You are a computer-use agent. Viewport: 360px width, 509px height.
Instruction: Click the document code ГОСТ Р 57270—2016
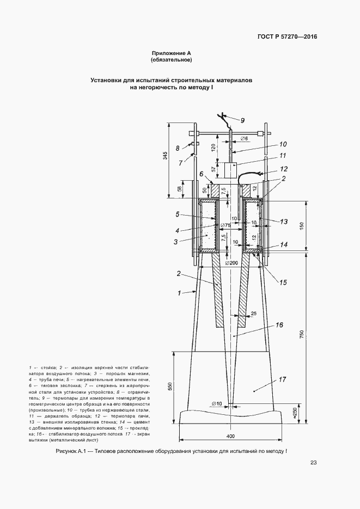[288, 37]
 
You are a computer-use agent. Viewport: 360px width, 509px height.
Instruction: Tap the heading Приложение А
[172, 53]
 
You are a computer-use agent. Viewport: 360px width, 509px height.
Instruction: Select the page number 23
[313, 463]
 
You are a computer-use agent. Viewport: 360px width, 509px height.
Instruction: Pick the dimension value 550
[170, 386]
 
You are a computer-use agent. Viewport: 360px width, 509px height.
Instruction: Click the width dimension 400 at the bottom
[231, 437]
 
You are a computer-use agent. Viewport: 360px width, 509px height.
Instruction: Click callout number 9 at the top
[242, 120]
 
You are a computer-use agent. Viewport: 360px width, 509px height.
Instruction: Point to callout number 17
[283, 379]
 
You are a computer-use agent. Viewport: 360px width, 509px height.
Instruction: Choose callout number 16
[279, 325]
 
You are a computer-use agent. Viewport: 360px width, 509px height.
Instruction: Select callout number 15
[283, 281]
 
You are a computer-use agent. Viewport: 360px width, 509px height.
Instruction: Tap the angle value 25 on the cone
[253, 312]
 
